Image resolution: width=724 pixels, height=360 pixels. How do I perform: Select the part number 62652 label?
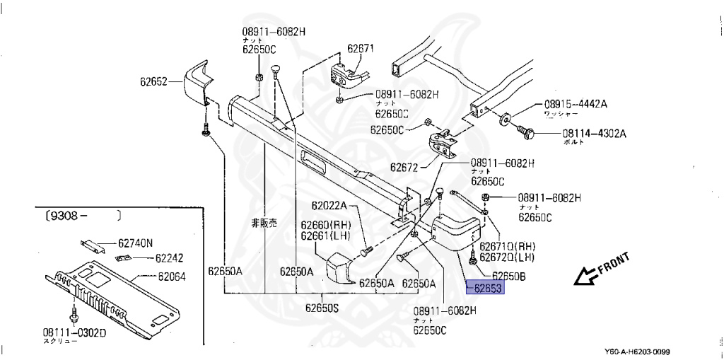[153, 81]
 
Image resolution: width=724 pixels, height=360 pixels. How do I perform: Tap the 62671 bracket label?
[361, 50]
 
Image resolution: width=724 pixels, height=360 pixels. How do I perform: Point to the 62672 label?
[404, 168]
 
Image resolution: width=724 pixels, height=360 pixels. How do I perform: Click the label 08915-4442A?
[575, 104]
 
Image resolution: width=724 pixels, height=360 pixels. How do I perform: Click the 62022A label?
[329, 206]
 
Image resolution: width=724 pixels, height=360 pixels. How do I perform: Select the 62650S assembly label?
[322, 308]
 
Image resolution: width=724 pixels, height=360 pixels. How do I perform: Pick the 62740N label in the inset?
[135, 243]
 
